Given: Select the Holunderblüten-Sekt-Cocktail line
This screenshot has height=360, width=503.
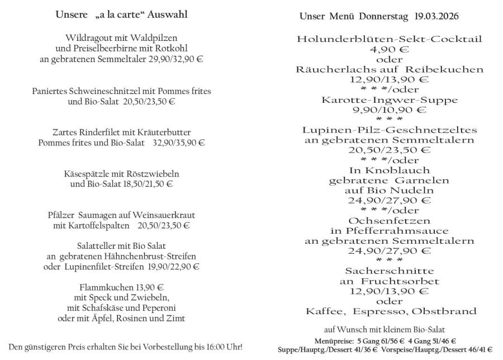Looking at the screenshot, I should (390, 40).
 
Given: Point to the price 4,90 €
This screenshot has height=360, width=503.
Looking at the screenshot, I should (390, 50).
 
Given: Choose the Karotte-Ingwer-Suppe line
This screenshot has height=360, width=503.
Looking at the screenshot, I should (390, 100).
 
